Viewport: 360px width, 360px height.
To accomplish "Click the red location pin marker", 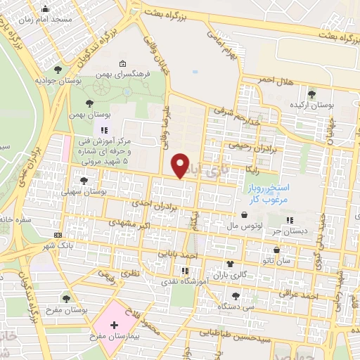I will (181, 165).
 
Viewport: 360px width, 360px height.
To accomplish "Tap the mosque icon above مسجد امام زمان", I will (46, 9).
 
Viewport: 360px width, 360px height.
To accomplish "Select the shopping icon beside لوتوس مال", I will (243, 215).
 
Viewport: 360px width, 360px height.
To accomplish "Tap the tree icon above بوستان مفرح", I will (66, 299).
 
